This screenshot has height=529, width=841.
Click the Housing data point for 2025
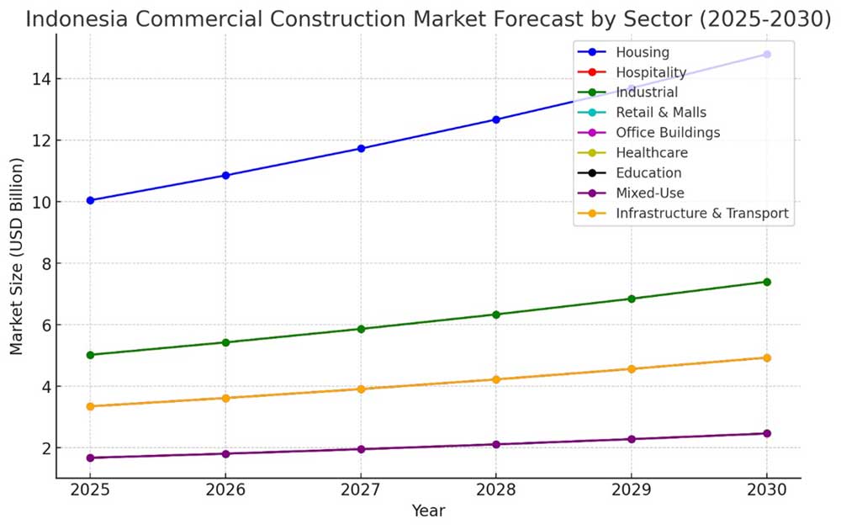[x=90, y=200]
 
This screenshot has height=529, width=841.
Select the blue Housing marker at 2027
[x=361, y=148]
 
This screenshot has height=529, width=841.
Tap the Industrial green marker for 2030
[x=767, y=282]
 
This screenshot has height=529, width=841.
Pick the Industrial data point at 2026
[x=225, y=342]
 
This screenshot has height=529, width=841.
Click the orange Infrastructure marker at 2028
[x=496, y=379]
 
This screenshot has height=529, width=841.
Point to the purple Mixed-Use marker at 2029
[x=632, y=439]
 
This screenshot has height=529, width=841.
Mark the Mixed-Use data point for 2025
[x=90, y=458]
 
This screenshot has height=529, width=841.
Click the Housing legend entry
[x=643, y=52]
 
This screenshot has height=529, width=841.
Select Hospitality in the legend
[x=651, y=72]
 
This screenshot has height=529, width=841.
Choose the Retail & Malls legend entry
[x=661, y=113]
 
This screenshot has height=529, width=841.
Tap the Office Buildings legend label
[x=668, y=133]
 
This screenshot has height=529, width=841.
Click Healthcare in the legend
[x=652, y=153]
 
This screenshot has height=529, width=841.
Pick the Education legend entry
[x=648, y=172]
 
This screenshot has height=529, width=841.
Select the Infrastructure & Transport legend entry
[x=702, y=213]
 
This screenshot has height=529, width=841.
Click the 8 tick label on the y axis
[x=45, y=263]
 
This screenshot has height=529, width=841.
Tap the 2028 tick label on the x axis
[x=496, y=489]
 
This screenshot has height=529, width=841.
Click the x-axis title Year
[x=428, y=510]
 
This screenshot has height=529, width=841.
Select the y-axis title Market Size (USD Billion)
[x=17, y=256]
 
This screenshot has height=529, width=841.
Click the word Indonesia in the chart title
[x=77, y=19]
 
